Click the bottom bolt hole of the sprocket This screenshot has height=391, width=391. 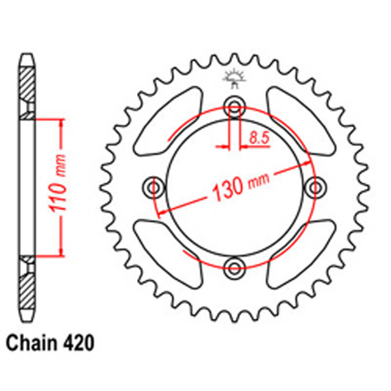coord(234,269)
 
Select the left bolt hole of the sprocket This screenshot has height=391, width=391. coord(152,188)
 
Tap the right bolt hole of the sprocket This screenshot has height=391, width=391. coord(316,188)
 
